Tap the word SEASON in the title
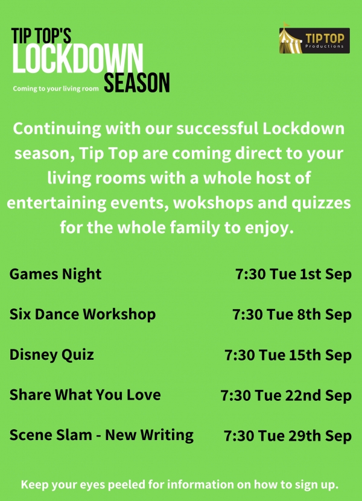click(137, 83)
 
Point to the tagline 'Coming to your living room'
click(56, 89)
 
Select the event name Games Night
click(56, 275)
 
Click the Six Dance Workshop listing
click(83, 314)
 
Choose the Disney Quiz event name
click(52, 354)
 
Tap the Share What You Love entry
click(85, 395)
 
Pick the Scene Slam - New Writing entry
click(101, 435)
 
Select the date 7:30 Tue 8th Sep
click(292, 315)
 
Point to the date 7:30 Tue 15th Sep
click(288, 355)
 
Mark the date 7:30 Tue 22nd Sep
click(286, 396)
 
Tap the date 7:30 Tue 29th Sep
click(287, 436)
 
